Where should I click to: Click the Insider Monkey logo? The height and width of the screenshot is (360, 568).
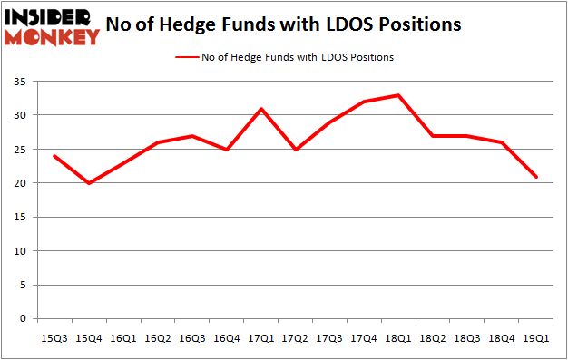pyautogui.click(x=52, y=26)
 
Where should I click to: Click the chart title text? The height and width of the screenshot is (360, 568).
pyautogui.click(x=283, y=25)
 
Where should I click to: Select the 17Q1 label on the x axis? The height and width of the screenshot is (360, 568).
pyautogui.click(x=261, y=337)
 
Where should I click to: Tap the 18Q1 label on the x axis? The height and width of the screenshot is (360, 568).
pyautogui.click(x=398, y=337)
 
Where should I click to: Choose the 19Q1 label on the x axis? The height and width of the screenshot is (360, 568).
pyautogui.click(x=535, y=337)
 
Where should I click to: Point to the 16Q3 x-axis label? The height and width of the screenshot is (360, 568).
pyautogui.click(x=192, y=337)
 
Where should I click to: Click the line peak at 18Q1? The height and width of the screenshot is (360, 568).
pyautogui.click(x=398, y=95)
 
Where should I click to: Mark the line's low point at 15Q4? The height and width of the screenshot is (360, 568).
pyautogui.click(x=90, y=183)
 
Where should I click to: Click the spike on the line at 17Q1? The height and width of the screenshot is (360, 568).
pyautogui.click(x=261, y=109)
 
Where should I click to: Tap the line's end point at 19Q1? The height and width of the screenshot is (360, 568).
pyautogui.click(x=535, y=177)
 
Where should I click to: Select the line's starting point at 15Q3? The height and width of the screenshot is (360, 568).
pyautogui.click(x=55, y=156)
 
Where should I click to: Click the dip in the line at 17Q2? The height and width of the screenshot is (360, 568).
pyautogui.click(x=296, y=150)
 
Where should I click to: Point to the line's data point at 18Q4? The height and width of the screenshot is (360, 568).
pyautogui.click(x=501, y=142)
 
